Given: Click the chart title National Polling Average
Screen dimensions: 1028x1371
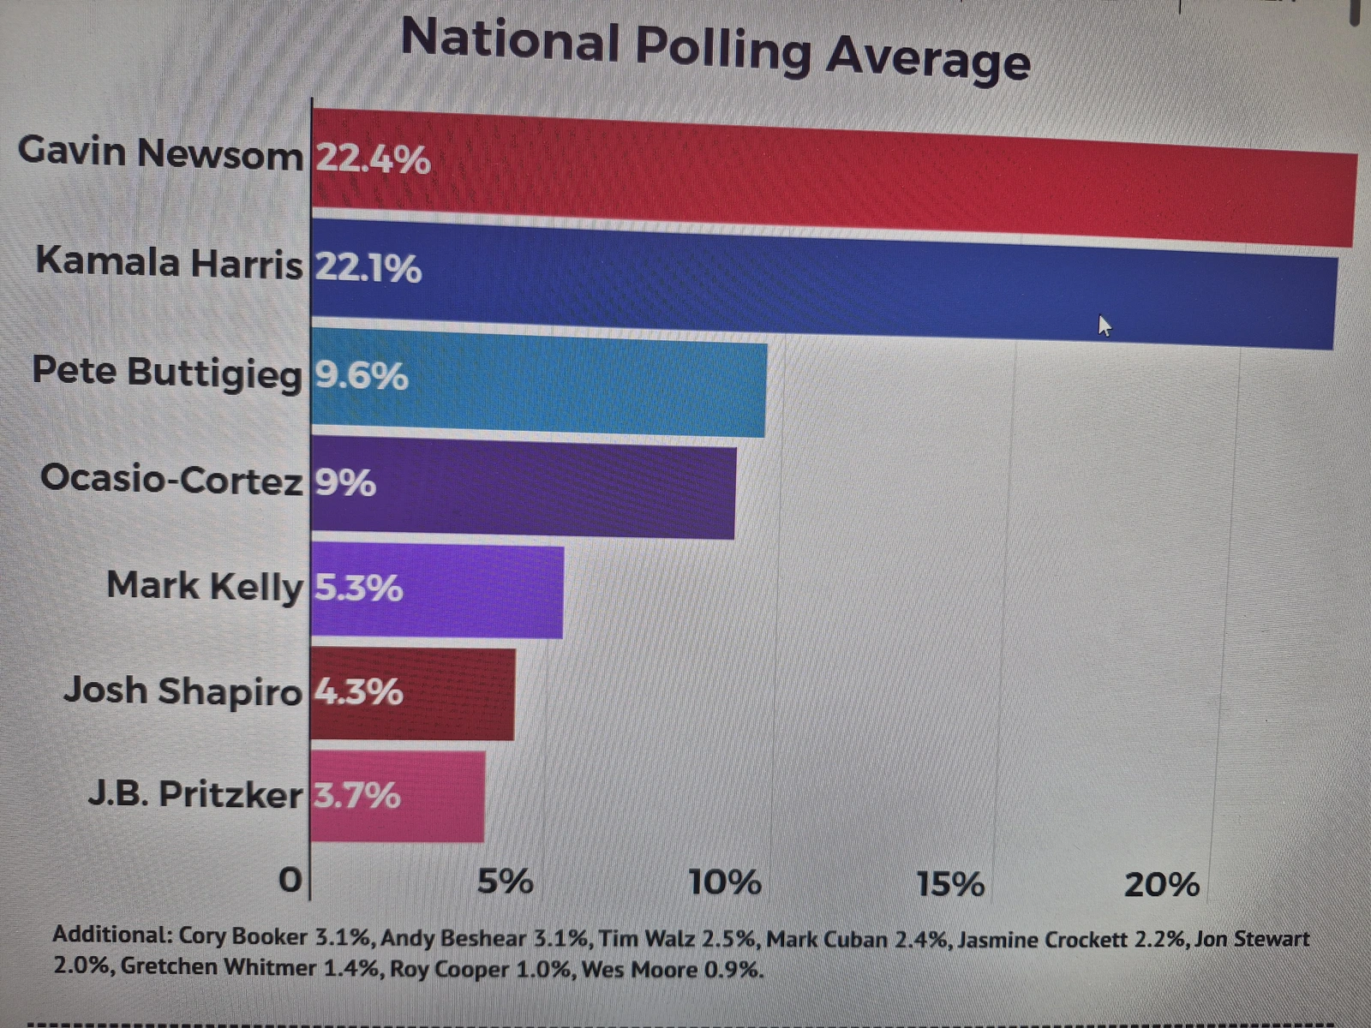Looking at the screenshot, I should click(x=715, y=49).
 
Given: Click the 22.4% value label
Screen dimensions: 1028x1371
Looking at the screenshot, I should click(x=373, y=159).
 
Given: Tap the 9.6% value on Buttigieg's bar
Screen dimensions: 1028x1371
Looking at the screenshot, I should click(x=361, y=375).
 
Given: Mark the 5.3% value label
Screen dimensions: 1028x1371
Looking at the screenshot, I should click(x=358, y=588).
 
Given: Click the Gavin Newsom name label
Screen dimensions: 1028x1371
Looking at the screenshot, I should click(x=160, y=152).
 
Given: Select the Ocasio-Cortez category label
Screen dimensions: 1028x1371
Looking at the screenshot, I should click(x=171, y=479).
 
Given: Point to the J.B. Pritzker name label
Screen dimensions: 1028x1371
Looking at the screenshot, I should click(x=195, y=794).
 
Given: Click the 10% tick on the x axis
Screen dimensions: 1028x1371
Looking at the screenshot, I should click(x=725, y=882).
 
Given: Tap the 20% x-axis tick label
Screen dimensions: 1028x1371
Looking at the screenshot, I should click(x=1162, y=885).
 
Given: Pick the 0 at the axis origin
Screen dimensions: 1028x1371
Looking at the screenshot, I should click(x=290, y=880).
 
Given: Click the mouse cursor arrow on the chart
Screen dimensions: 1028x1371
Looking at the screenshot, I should click(x=1104, y=326).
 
